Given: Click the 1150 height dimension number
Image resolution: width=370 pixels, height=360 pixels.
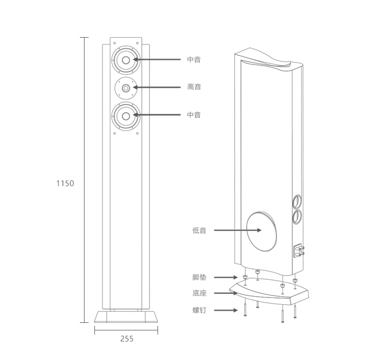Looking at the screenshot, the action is tap(65, 183).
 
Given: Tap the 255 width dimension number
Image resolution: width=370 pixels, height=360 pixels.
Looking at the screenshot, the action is tap(127, 339).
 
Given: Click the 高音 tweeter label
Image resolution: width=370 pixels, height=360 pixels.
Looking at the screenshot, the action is tap(194, 87).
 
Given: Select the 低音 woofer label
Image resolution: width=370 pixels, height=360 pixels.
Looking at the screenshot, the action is tap(199, 230).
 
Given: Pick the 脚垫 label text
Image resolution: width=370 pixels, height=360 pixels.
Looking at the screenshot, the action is tap(199, 277).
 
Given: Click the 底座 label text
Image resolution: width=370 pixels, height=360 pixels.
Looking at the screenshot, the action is tap(199, 293).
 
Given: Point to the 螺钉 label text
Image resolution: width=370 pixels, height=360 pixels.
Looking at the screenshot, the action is tap(199, 310).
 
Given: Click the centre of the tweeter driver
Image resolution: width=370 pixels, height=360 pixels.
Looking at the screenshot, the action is tap(126, 88).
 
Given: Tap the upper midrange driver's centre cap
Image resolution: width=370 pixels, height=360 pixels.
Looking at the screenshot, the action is tap(126, 60).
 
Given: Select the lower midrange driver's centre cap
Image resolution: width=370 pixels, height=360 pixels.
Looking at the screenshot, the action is tap(126, 116).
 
